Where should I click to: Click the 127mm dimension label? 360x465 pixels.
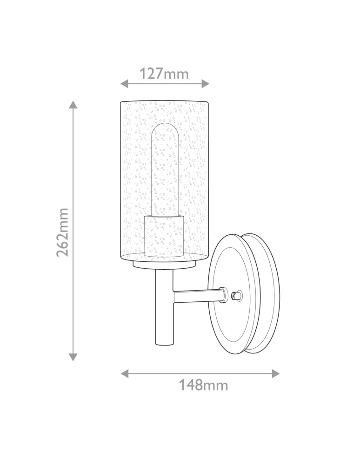[x=164, y=74]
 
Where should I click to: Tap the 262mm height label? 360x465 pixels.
[x=63, y=232]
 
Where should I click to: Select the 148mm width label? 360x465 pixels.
[x=203, y=385]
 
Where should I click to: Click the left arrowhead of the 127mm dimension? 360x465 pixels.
[x=125, y=84]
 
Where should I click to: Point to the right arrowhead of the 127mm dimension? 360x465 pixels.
[x=205, y=84]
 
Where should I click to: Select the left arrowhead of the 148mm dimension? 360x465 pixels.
[x=125, y=373]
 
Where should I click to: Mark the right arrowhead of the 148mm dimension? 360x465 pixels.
[x=275, y=373]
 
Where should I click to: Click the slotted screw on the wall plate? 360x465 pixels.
[x=236, y=295]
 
